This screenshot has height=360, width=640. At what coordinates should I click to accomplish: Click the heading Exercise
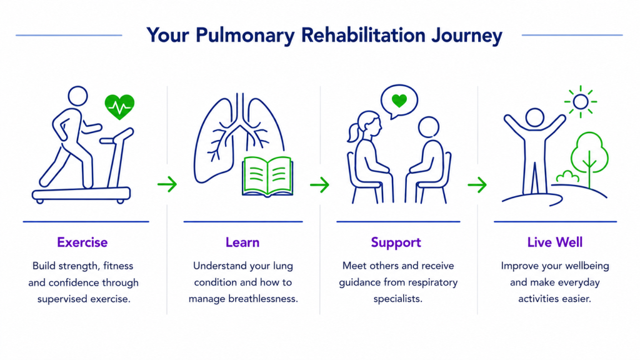(x=82, y=242)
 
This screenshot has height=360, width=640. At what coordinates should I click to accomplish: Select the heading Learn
(x=242, y=242)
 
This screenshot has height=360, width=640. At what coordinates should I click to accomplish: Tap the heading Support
(x=396, y=242)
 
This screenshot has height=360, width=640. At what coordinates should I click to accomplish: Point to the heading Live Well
(x=555, y=242)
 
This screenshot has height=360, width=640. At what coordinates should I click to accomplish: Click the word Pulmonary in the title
(x=244, y=36)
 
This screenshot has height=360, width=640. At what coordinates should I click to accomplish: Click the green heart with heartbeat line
(x=119, y=107)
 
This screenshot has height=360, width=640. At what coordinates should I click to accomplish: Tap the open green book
(x=267, y=177)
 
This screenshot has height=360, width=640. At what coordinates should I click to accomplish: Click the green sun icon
(x=581, y=102)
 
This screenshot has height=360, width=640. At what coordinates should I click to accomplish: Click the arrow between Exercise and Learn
(x=167, y=184)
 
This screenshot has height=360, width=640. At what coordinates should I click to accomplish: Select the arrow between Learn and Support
(x=319, y=184)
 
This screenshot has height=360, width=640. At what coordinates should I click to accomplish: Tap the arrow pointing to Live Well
(x=477, y=184)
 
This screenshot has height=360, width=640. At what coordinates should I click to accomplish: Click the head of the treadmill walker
(x=77, y=96)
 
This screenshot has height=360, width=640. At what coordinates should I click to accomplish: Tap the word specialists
(x=398, y=299)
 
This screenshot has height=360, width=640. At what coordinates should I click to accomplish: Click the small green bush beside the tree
(x=567, y=177)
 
